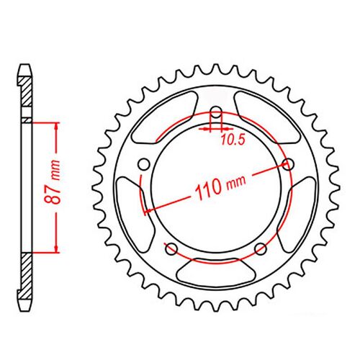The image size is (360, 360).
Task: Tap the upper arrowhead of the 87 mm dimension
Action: [53, 127]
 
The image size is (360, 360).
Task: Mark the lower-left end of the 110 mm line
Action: [146, 211]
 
